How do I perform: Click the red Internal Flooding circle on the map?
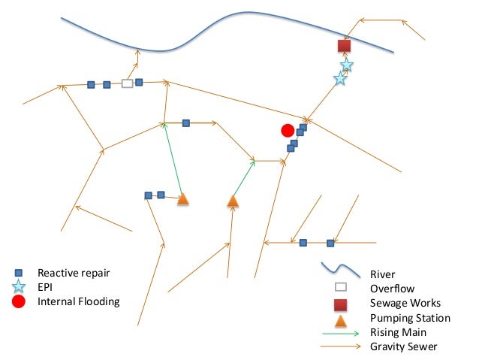(287, 131)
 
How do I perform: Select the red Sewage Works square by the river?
(345, 47)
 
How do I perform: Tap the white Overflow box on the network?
(128, 83)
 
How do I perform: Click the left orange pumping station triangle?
(182, 199)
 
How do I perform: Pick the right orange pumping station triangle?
(233, 201)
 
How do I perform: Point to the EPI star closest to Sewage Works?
(347, 65)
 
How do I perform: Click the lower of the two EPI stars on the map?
(340, 78)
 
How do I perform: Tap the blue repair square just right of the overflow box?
(139, 82)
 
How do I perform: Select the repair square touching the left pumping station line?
(161, 195)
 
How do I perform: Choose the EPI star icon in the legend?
(20, 287)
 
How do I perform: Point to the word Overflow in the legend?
(391, 288)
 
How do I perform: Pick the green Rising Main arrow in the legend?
(339, 332)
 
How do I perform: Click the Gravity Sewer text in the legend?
(402, 346)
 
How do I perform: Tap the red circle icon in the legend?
(20, 302)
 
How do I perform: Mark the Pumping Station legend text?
(409, 318)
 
